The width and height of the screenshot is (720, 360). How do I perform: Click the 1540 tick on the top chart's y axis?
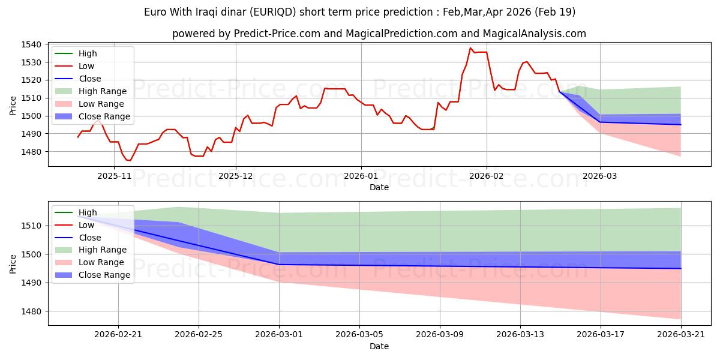(x=31, y=44)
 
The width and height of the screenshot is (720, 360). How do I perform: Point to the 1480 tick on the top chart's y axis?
(x=31, y=152)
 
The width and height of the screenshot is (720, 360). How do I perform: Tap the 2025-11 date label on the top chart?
(x=114, y=176)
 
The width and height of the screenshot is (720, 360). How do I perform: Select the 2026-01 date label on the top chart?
(x=361, y=176)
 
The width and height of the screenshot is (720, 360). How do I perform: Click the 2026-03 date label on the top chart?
(x=600, y=176)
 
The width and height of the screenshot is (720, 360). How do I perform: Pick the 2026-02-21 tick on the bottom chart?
(x=118, y=335)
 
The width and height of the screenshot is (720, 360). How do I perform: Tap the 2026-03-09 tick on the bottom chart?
(x=440, y=335)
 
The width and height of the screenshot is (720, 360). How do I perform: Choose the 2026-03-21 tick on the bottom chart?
(x=681, y=335)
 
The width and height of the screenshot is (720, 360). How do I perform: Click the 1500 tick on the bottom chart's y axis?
(x=31, y=254)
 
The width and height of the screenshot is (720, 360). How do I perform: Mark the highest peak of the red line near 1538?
(x=470, y=48)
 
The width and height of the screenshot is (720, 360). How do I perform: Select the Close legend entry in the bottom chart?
(x=78, y=238)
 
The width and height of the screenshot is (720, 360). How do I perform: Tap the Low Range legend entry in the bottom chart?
(x=89, y=262)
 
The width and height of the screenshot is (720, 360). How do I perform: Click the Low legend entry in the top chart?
(x=74, y=66)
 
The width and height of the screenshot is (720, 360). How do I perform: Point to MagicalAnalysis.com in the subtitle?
(x=534, y=34)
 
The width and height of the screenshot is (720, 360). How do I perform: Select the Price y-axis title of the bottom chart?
(x=13, y=264)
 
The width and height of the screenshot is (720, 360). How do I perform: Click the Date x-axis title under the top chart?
(x=379, y=187)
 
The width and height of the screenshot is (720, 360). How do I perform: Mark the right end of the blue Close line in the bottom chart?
(x=681, y=269)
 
